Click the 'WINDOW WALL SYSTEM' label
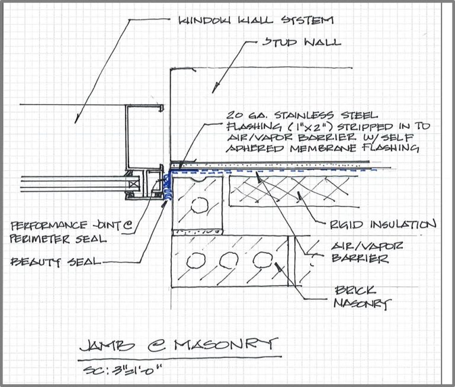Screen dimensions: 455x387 (256, 20)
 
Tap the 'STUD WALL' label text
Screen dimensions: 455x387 (302, 43)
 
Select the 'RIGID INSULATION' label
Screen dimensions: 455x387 (383, 225)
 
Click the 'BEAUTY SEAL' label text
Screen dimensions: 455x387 (56, 262)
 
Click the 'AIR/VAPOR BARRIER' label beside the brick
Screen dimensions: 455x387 (367, 252)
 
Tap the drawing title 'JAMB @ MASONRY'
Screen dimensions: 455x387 (178, 345)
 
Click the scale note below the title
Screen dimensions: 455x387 (122, 370)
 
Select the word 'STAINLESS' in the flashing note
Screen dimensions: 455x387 (304, 115)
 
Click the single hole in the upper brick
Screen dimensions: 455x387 (200, 205)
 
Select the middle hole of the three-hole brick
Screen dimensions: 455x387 (229, 260)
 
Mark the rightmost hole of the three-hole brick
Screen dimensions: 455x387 (263, 259)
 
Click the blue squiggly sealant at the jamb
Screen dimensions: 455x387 (167, 187)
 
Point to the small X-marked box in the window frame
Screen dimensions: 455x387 (134, 184)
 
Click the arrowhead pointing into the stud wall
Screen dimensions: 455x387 (214, 88)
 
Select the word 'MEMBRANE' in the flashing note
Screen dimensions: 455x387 (323, 148)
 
